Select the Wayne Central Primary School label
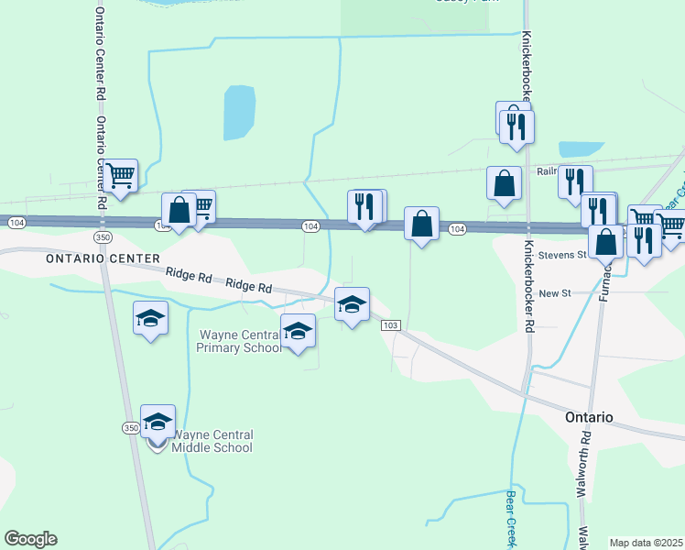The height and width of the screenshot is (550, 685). [237, 341]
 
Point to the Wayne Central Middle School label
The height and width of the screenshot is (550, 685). [212, 441]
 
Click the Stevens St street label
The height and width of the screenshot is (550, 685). [561, 255]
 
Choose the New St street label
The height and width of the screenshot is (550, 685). [555, 292]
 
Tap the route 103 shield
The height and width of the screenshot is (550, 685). [390, 325]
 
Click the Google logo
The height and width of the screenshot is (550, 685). [30, 539]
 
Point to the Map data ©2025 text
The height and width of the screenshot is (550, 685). [647, 543]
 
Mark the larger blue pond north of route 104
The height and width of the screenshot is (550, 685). [239, 112]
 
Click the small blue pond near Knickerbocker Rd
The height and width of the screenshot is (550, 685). [581, 148]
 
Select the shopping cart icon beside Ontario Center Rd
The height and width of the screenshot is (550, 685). [121, 174]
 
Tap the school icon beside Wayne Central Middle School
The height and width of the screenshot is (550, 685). [158, 421]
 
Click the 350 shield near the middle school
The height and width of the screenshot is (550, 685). [130, 428]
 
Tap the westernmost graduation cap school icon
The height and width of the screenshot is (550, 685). [150, 317]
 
